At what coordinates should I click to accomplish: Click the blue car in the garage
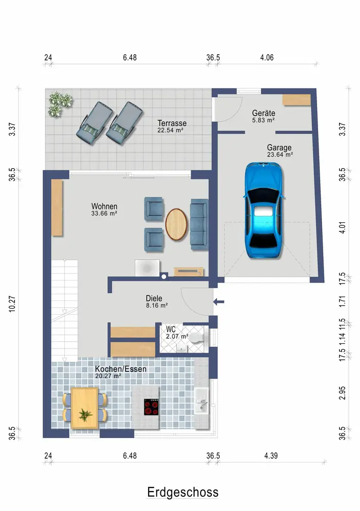pos(263,210)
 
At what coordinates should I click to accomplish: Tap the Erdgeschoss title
pos(183,492)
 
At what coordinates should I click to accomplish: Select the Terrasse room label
pos(172,123)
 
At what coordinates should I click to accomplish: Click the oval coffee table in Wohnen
pos(176,224)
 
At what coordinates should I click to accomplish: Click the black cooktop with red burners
pos(151,407)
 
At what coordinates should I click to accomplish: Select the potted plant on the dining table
pos(85,415)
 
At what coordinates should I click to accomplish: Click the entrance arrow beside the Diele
pos(219,302)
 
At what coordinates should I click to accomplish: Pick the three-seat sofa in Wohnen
pos(199,224)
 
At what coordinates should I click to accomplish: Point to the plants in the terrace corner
pos(60,104)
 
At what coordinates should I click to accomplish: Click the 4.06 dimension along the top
pos(267,58)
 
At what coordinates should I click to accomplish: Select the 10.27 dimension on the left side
pos(12,304)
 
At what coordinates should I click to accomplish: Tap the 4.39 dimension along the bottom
pos(271,456)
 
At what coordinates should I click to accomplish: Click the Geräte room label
pos(263,113)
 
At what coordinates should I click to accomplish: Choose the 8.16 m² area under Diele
pos(157,306)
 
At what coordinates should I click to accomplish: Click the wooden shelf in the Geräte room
pos(297,100)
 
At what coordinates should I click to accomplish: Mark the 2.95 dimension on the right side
pos(342,393)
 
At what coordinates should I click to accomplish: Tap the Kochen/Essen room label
pos(121,369)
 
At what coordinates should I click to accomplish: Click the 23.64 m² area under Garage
pos(280,155)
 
